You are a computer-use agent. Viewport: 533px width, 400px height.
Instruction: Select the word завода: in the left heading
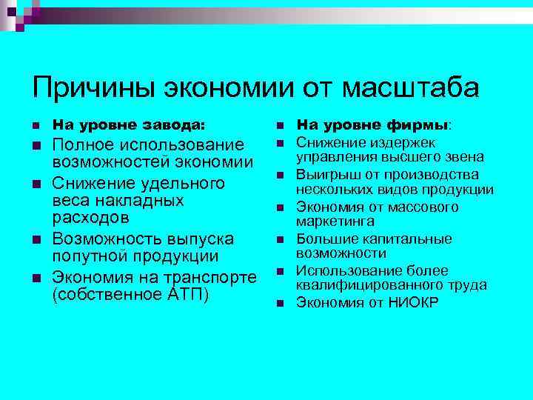pyautogui.click(x=176, y=124)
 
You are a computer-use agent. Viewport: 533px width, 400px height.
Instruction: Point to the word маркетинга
pyautogui.click(x=335, y=221)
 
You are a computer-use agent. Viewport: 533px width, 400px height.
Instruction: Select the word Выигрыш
pyautogui.click(x=326, y=175)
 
